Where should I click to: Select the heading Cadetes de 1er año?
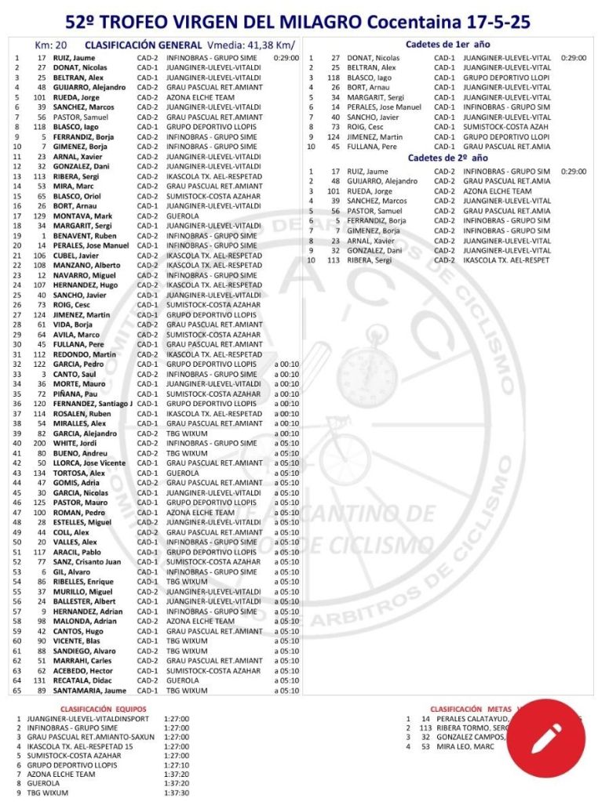tap(448, 45)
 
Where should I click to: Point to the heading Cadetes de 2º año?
tap(448, 158)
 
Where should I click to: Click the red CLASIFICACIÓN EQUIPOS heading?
tap(103, 708)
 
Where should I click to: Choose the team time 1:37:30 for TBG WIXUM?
tap(177, 793)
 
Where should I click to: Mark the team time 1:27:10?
tap(177, 764)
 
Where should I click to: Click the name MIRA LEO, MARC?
tap(470, 746)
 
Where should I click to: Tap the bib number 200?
tap(39, 444)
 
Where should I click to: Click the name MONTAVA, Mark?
tap(82, 216)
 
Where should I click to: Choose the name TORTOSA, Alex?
tap(79, 474)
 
